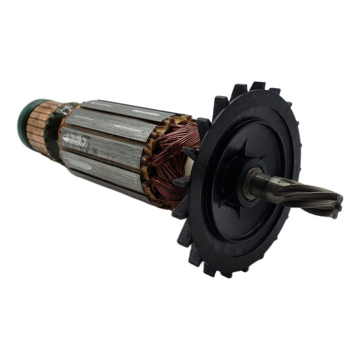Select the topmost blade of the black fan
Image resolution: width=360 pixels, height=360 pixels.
coord(258,87)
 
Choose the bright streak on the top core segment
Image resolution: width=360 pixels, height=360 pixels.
coord(144,113)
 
